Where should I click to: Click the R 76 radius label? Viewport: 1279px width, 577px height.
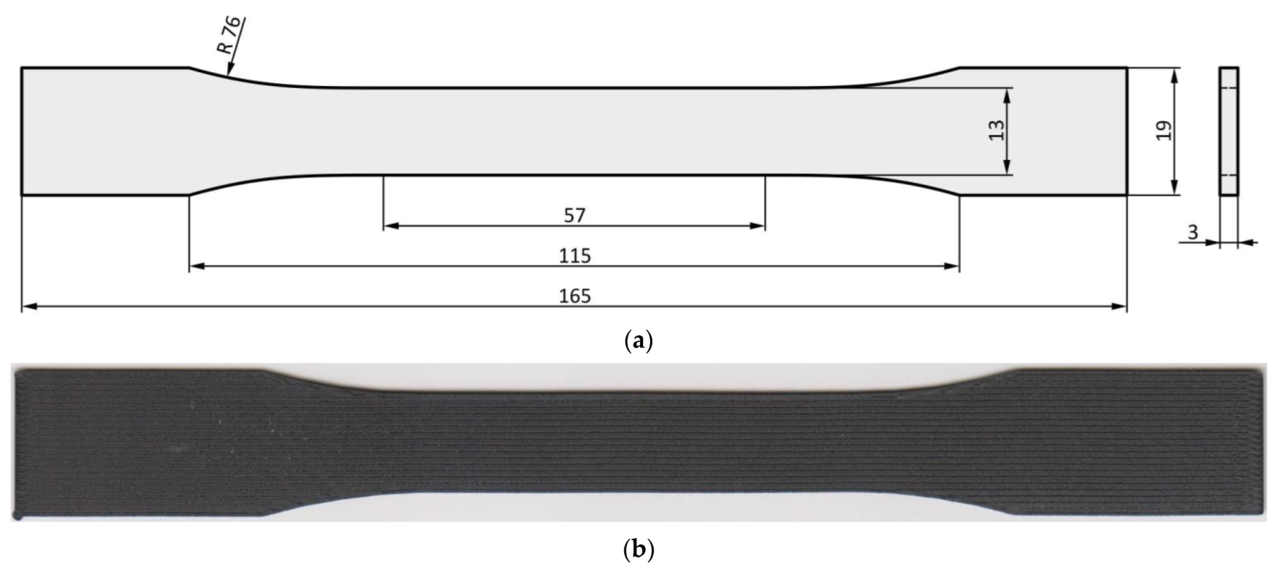[229, 35]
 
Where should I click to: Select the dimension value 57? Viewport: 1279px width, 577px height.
[574, 216]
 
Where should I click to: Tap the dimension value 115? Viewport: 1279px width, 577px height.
[575, 256]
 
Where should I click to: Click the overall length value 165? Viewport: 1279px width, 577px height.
[575, 296]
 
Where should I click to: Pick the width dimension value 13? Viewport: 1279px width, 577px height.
[996, 130]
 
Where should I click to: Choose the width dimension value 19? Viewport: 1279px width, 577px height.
[1163, 130]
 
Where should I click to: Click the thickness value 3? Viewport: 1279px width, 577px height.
[1192, 233]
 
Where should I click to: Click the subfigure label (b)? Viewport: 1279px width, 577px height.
[638, 550]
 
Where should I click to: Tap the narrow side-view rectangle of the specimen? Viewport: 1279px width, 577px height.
[1229, 131]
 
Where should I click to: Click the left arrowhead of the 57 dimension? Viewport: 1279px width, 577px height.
[389, 226]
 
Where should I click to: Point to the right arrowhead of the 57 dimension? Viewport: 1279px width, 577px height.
[759, 226]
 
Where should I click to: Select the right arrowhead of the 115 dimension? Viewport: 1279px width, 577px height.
[953, 266]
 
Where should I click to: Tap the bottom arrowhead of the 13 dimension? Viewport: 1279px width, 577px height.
[1007, 169]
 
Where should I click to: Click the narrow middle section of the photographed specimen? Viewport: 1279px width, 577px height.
[638, 442]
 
